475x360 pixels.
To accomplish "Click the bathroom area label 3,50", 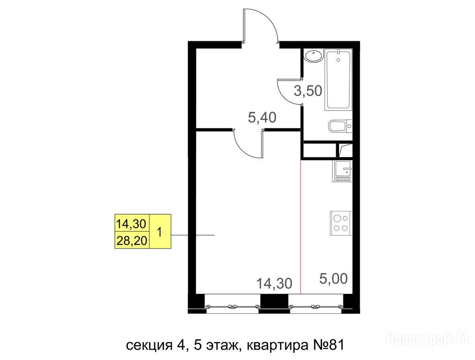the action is click(308, 90).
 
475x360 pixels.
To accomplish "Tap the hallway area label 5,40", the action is click(262, 117).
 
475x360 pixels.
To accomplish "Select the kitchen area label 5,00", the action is click(333, 278).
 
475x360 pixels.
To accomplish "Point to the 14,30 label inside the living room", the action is click(274, 284).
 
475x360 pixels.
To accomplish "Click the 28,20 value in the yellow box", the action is click(132, 241).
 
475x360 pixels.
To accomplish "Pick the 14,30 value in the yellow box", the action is click(132, 224).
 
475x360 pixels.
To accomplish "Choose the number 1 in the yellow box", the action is click(160, 232).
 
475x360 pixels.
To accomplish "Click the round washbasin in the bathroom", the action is click(313, 56).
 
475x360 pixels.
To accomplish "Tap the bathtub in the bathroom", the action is click(339, 80).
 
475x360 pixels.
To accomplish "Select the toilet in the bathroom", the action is click(340, 126).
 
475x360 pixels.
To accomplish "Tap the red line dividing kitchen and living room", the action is click(301, 227).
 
